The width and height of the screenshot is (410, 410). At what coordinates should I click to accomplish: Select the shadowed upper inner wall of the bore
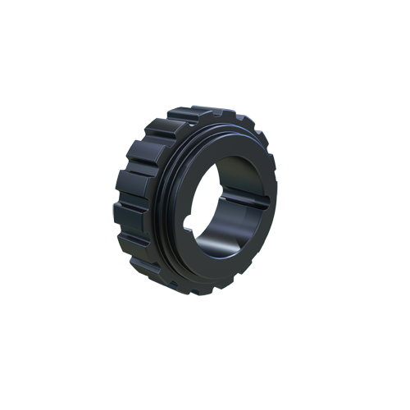[238, 168]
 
